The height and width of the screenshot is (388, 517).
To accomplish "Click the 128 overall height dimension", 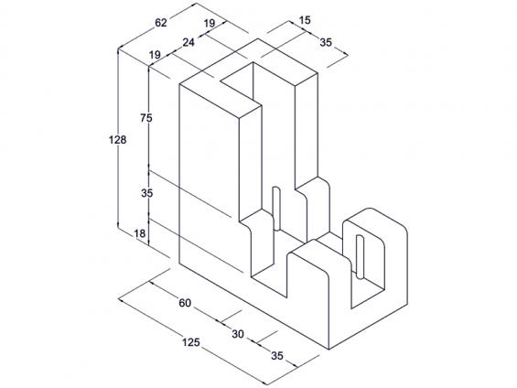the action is [118, 140].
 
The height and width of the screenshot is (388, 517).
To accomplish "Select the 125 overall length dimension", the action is [191, 342].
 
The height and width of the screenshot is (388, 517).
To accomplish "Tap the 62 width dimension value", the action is [161, 23].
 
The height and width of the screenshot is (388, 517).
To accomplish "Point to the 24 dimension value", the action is [188, 42].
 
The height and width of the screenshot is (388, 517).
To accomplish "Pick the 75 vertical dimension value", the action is [146, 118].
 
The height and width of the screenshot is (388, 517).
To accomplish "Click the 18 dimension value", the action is [140, 233].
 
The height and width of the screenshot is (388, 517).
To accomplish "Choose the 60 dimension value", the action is [185, 303].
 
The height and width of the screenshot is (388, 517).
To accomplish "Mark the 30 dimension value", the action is [238, 334].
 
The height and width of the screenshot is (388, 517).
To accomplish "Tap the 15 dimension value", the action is [305, 20].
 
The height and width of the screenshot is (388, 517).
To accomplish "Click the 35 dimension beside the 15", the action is [326, 42].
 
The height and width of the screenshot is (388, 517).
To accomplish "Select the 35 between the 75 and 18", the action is [147, 193].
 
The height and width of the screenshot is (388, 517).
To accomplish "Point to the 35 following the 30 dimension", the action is [277, 356].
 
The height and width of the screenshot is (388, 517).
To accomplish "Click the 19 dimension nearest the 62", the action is [210, 24].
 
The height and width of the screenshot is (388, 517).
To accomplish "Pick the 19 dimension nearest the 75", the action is [155, 55].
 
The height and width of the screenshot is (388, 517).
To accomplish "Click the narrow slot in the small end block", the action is [360, 257].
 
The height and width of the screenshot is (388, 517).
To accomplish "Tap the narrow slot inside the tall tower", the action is [276, 209].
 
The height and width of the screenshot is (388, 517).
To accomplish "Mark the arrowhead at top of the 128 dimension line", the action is [118, 51].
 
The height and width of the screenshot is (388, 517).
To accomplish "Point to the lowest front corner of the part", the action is [329, 349].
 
